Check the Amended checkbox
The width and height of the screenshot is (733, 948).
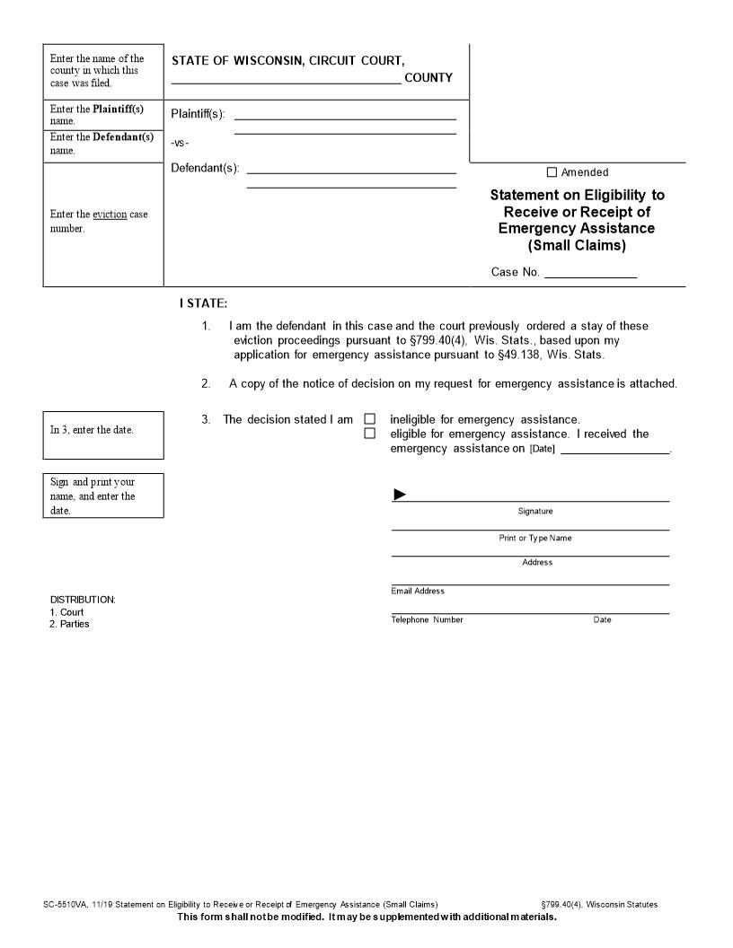click(552, 172)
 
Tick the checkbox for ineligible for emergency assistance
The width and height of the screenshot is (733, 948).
click(369, 419)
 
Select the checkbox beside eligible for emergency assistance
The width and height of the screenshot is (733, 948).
click(369, 434)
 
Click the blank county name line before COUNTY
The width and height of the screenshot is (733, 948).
click(286, 78)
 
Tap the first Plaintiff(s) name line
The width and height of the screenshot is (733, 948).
click(345, 115)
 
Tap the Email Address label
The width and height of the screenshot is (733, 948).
click(418, 591)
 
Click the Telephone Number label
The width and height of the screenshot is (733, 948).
click(427, 619)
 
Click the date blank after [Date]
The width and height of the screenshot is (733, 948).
click(614, 449)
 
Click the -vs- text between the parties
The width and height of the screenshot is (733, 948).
click(180, 143)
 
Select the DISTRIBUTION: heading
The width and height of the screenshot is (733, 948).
click(83, 600)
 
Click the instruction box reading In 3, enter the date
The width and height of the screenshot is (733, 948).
click(103, 429)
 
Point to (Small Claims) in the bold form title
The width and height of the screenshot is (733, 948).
click(577, 245)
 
